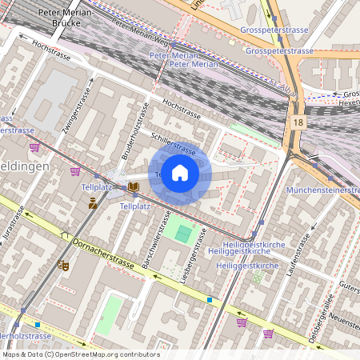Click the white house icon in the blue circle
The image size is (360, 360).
pos(180,173)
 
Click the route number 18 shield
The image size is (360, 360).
pos(298,122)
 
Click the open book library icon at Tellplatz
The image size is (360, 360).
pos(133,187)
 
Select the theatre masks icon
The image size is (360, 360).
pos(63,264)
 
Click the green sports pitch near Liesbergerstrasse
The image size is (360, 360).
pos(185,234)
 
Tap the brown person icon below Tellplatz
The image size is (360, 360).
pos(93,204)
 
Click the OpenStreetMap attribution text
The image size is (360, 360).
pos(80,354)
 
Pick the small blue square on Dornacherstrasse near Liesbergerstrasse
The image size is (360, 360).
pos(210,299)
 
